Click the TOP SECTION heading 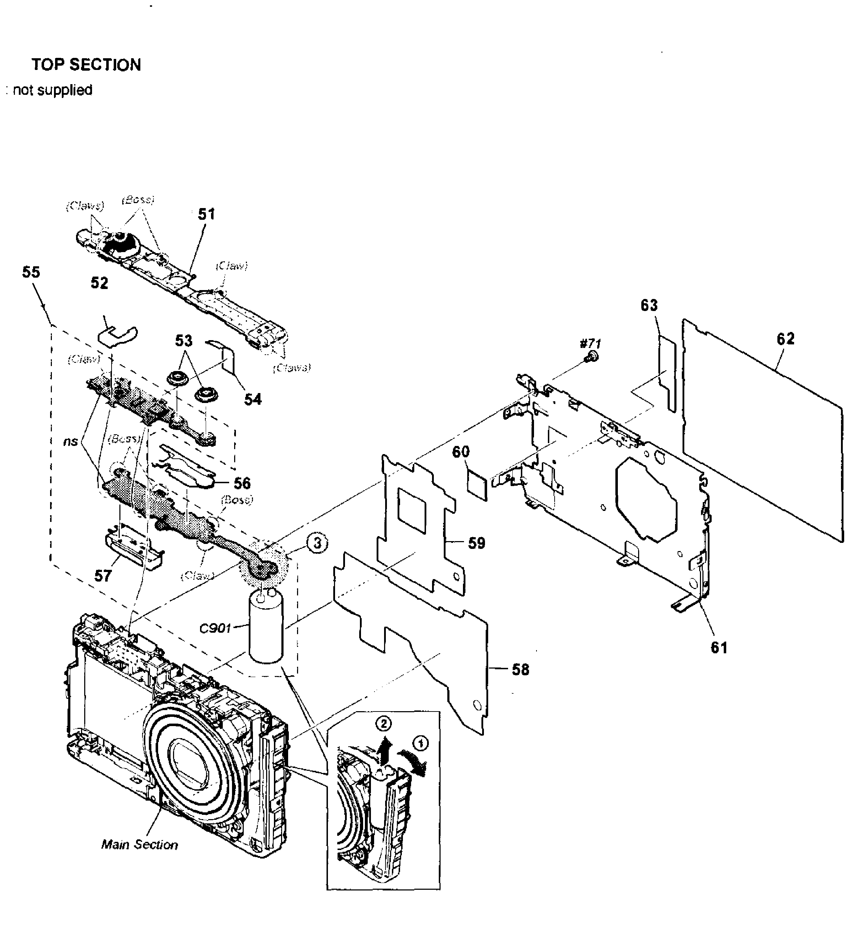pyautogui.click(x=86, y=65)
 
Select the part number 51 pyautogui.click(x=206, y=214)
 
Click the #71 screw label pyautogui.click(x=590, y=343)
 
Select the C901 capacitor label pyautogui.click(x=215, y=629)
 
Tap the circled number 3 pyautogui.click(x=318, y=543)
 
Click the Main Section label pyautogui.click(x=139, y=845)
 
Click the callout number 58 pyautogui.click(x=521, y=669)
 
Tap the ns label pyautogui.click(x=70, y=441)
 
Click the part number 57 pyautogui.click(x=103, y=576)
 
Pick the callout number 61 pyautogui.click(x=719, y=648)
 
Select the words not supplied pyautogui.click(x=52, y=90)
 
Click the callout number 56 pyautogui.click(x=242, y=484)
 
